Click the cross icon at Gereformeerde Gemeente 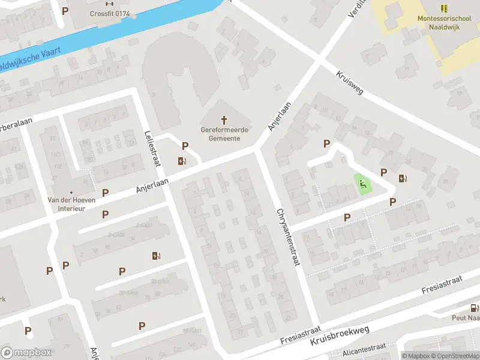(x=226, y=119)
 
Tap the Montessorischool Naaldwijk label (x=443, y=22)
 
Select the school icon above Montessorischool (x=444, y=8)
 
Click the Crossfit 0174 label (x=110, y=13)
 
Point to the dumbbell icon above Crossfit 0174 (x=110, y=3)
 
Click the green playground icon (x=362, y=185)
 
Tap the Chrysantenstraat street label (x=287, y=237)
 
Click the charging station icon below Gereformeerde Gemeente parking (x=181, y=161)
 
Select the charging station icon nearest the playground (x=402, y=178)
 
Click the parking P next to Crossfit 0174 (x=65, y=10)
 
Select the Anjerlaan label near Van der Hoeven (x=152, y=183)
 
